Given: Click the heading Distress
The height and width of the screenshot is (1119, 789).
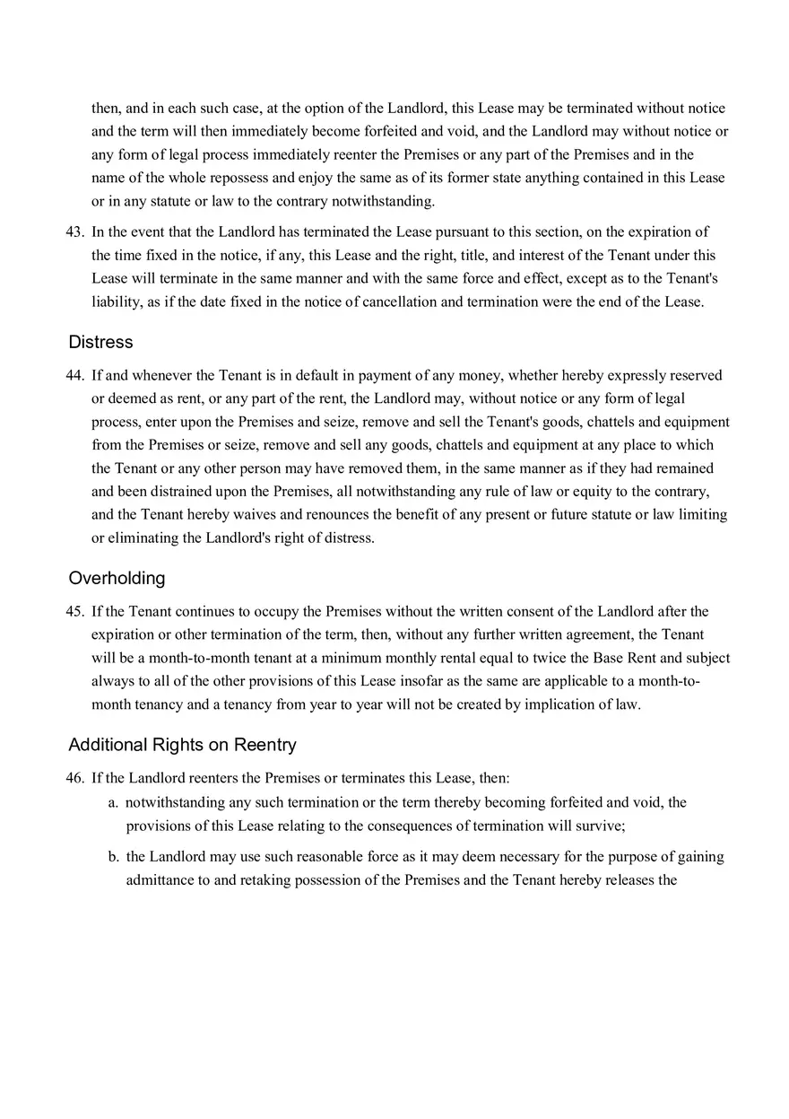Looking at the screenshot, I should tap(100, 342).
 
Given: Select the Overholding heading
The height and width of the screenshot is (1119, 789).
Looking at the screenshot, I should tap(117, 578).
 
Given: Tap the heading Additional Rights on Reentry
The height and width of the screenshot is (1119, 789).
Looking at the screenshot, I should tap(182, 745).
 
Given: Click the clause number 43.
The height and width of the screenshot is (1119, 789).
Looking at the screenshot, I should tap(74, 232).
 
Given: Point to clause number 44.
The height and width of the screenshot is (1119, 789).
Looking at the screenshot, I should tap(74, 375).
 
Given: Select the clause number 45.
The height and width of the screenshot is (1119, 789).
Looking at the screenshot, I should tap(74, 611).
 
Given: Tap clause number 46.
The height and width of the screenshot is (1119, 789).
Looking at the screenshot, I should tap(74, 778).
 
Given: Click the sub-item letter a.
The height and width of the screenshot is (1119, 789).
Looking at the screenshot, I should tap(113, 802).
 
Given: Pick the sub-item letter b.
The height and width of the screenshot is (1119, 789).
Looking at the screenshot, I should tap(113, 856).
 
